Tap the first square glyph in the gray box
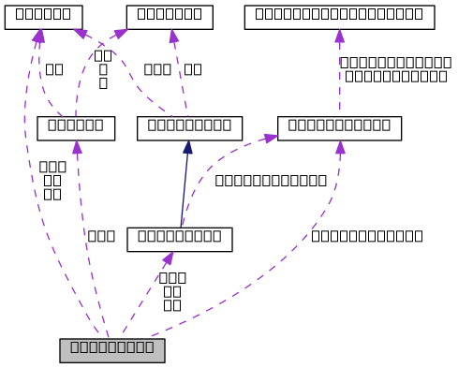point(76,347)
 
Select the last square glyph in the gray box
point(148,347)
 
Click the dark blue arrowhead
point(188,147)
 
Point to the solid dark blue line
point(185,187)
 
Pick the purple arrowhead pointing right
point(271,138)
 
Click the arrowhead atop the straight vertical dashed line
point(340,37)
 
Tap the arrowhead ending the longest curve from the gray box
point(340,147)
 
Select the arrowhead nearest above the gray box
point(169,258)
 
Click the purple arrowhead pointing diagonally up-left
point(81,34)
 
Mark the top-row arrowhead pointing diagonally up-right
point(121,34)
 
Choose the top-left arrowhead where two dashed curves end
point(38,36)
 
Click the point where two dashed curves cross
point(101,43)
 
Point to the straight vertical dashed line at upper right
point(340,80)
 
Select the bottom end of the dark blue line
point(181,226)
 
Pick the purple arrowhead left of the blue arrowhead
point(77,147)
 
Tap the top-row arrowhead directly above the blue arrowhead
point(173,37)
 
